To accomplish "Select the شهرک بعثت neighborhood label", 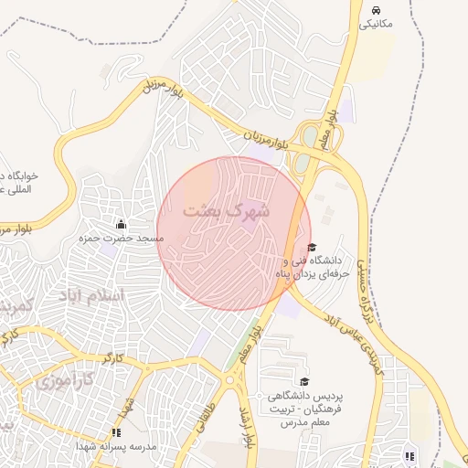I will coord(227,210).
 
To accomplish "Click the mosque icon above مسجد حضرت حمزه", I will coord(121,224).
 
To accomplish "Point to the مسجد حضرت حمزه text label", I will coord(121,239).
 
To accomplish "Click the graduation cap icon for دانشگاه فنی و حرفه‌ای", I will coord(312,247).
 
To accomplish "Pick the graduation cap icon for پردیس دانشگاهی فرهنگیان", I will coord(303,382).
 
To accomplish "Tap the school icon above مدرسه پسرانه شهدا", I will coord(116,432).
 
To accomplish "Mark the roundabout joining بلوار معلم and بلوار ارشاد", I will coord(230,378).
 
